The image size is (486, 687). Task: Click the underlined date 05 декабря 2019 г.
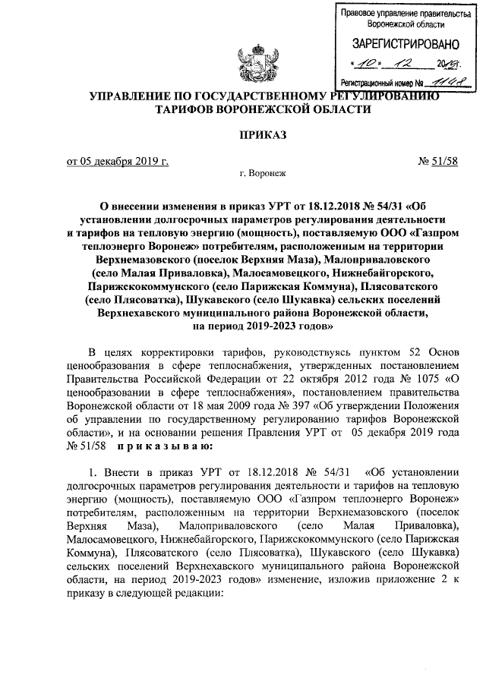click(x=118, y=161)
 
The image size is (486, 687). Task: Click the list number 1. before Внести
click(x=94, y=471)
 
